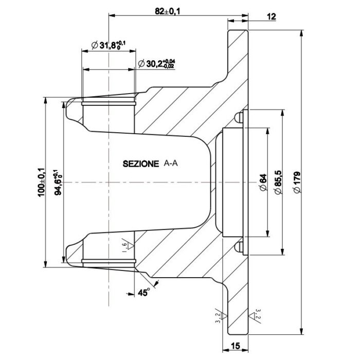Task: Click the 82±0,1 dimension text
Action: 167,11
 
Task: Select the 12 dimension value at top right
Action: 272,16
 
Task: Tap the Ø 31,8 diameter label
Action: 109,45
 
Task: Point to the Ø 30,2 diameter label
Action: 156,64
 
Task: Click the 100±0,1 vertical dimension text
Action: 42,182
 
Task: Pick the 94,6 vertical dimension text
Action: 58,182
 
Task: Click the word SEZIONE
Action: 141,164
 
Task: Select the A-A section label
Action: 171,163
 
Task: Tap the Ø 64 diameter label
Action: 263,182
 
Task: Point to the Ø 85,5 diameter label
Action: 278,182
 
